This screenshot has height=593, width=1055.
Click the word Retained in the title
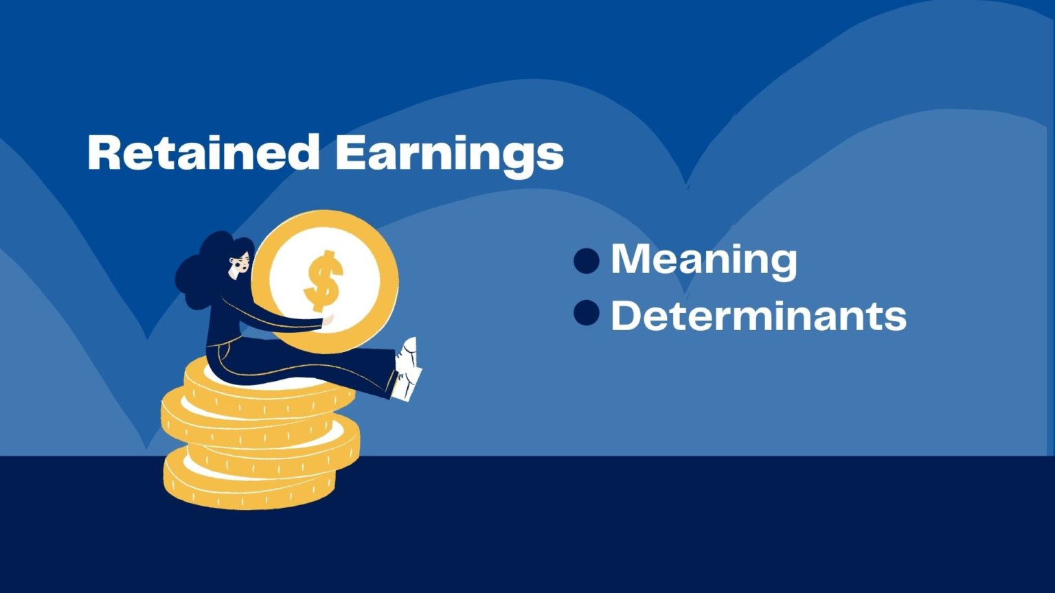(x=203, y=152)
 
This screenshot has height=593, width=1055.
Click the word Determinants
(x=759, y=316)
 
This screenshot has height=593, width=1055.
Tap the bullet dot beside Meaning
(x=587, y=261)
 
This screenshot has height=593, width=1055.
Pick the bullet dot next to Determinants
(x=587, y=312)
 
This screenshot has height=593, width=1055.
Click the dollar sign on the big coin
(x=323, y=281)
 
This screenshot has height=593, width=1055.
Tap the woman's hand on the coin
(x=328, y=321)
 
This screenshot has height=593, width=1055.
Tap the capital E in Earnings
(x=350, y=152)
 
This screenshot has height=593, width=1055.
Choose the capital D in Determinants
(x=627, y=316)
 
